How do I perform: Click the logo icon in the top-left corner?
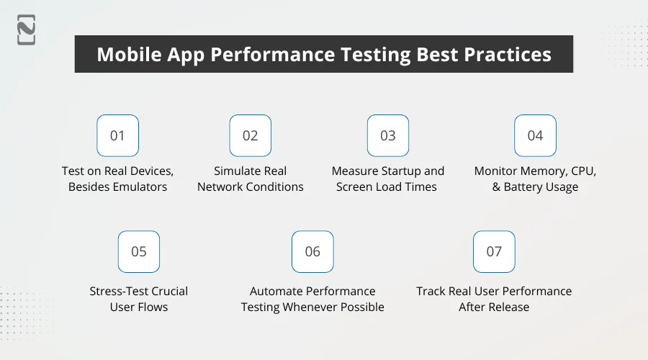tap(27, 30)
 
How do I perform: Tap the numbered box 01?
tap(117, 135)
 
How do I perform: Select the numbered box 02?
tap(250, 135)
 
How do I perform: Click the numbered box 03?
tap(388, 135)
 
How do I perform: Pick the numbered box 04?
tap(535, 135)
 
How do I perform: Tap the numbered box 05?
tap(139, 251)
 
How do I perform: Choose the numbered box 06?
tap(312, 251)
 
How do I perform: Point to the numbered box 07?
tap(494, 251)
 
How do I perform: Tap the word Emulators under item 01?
tap(139, 187)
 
